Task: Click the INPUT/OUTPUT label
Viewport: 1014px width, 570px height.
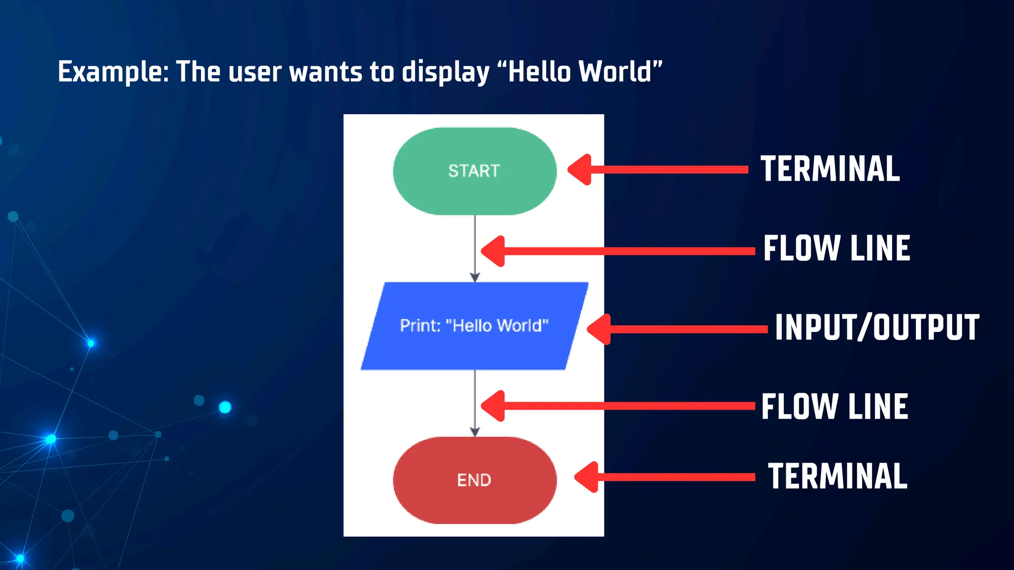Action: tap(877, 328)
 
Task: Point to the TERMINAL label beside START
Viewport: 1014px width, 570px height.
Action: tap(830, 169)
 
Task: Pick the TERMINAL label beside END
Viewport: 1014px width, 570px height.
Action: tap(838, 476)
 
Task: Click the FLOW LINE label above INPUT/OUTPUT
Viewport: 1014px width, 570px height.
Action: tap(837, 248)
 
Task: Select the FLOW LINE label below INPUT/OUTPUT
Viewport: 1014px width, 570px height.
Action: tap(835, 407)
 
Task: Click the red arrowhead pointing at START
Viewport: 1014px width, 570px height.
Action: tap(580, 170)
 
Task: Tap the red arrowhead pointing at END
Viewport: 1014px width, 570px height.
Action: tap(587, 477)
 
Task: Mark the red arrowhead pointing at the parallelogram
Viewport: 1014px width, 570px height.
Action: tap(600, 329)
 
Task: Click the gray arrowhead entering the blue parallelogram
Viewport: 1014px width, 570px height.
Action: tap(475, 278)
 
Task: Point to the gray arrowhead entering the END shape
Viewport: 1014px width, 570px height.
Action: tap(475, 432)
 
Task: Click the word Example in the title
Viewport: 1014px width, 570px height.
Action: tap(113, 72)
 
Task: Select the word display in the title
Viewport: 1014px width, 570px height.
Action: tap(445, 72)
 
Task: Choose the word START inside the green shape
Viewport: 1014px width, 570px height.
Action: tap(474, 171)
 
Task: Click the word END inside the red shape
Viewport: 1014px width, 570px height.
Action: tap(474, 480)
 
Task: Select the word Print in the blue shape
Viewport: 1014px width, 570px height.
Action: tap(419, 326)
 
